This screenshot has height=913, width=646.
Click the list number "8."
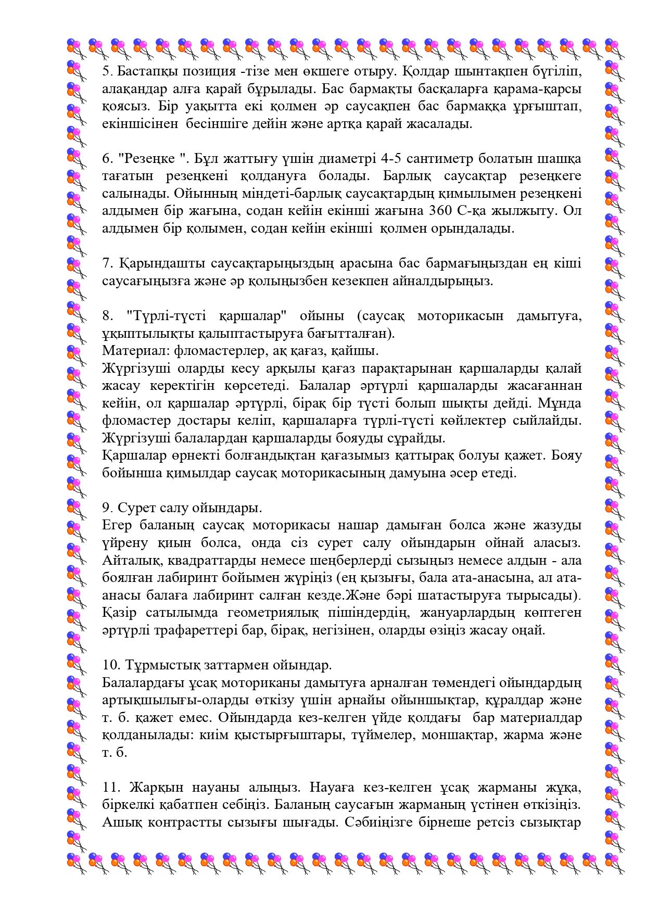[x=107, y=315]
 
